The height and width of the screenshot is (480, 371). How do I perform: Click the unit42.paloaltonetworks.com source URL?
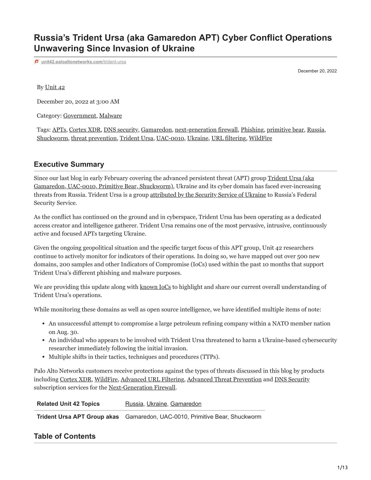coord(84,62)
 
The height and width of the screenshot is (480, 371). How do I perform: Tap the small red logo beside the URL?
coord(37,62)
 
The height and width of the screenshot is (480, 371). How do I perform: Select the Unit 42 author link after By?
coord(55,87)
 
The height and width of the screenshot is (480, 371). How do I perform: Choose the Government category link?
coord(79,116)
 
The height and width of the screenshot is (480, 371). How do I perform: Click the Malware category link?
coord(110,116)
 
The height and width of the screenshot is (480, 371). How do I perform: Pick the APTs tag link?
coord(59,130)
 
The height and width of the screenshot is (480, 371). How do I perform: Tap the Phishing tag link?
coord(252,130)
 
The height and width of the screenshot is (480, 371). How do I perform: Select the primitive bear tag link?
coord(285,130)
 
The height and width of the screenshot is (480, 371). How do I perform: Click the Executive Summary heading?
coord(69,164)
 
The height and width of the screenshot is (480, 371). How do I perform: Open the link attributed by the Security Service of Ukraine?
coord(208,195)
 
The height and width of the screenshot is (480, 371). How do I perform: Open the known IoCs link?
coord(155,287)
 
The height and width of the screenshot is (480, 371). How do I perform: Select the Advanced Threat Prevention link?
coord(224,379)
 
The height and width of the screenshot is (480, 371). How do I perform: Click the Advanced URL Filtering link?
coord(152,379)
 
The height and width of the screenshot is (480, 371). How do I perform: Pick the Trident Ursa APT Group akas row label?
coord(78,417)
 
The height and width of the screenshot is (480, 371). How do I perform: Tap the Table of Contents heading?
coord(65,436)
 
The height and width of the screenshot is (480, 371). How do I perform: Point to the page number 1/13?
coord(342,468)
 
